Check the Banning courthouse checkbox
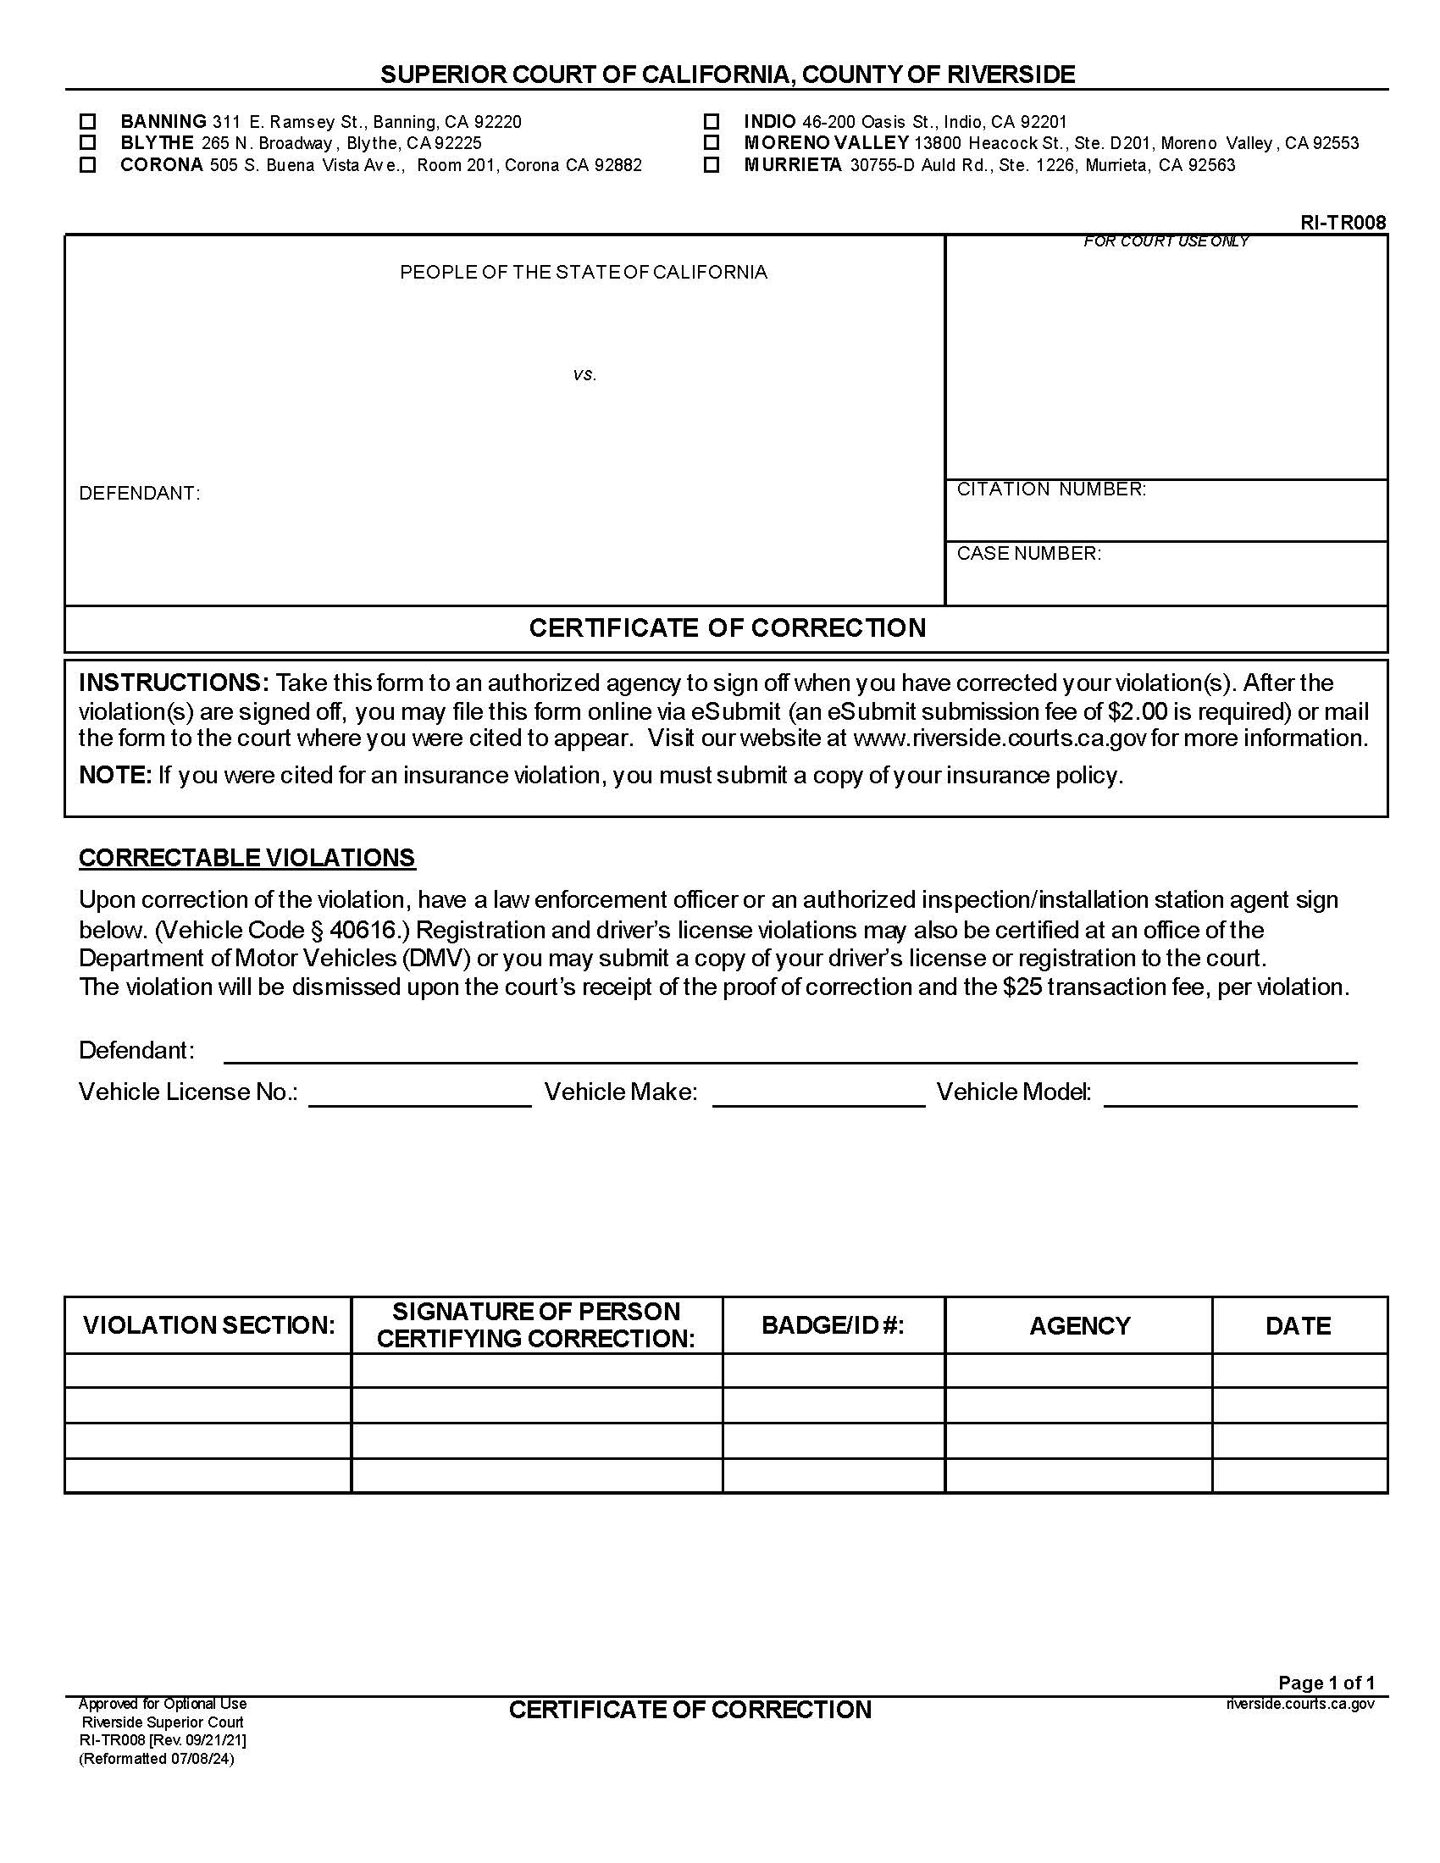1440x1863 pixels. coord(87,121)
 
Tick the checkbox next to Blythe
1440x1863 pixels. coord(87,142)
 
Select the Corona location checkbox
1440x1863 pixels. coord(87,164)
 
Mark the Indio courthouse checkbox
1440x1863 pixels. coord(712,121)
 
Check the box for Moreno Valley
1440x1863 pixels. coord(712,142)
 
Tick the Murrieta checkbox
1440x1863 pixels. coord(712,164)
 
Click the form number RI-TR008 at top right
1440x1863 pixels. coord(1343,223)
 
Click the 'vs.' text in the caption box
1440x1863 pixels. coord(584,374)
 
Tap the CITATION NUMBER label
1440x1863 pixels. coord(1051,489)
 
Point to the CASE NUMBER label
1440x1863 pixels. coord(1029,553)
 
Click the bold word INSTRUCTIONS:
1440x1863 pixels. coord(174,683)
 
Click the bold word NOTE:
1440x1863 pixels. coord(115,775)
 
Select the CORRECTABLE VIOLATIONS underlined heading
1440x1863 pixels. coord(246,857)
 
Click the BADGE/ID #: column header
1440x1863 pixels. coord(833,1324)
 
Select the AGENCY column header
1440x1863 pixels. coord(1079,1325)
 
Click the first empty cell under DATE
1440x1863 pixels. coord(1299,1370)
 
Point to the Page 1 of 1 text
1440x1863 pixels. coord(1326,1682)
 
